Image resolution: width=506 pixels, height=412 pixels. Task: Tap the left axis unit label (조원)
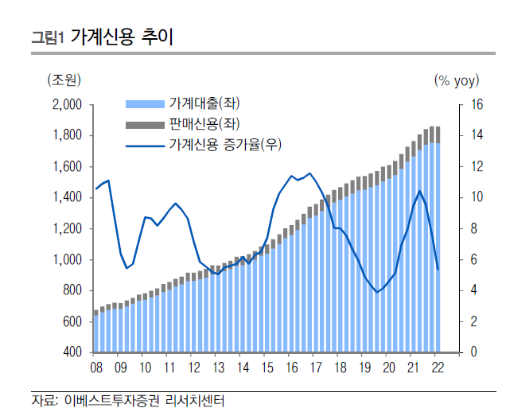(x=64, y=80)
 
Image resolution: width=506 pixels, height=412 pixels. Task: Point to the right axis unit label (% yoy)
(x=456, y=80)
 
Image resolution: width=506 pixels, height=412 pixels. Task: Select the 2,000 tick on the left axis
(x=67, y=105)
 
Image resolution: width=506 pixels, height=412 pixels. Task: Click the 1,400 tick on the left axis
(x=67, y=197)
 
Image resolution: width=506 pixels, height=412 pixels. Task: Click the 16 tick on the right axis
(x=477, y=105)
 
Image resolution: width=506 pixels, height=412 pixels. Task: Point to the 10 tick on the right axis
(x=477, y=197)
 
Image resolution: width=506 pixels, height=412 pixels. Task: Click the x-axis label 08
(x=96, y=367)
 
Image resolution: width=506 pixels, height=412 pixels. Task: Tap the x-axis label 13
(x=218, y=367)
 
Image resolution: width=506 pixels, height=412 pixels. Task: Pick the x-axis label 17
(x=316, y=367)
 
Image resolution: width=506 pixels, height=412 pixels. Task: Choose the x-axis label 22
(x=438, y=367)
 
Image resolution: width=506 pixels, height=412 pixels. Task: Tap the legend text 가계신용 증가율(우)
(x=226, y=144)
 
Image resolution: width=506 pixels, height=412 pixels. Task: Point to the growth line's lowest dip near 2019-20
(x=377, y=292)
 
